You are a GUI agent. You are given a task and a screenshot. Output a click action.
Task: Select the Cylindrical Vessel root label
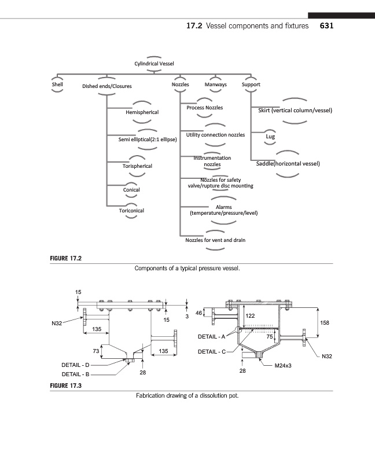(x=154, y=64)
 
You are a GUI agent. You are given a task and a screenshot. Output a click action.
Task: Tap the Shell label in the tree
(x=57, y=84)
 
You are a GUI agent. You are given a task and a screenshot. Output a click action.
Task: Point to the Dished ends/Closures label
(x=107, y=86)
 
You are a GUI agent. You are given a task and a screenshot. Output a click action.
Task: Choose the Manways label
(x=216, y=84)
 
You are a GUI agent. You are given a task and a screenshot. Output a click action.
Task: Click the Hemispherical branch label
(x=142, y=112)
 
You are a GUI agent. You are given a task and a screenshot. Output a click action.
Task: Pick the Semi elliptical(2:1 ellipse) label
(x=144, y=139)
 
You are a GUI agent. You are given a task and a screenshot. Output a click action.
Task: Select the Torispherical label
(x=138, y=166)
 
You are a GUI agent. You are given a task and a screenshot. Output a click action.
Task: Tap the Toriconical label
(x=131, y=211)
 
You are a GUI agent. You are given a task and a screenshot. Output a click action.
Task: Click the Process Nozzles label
(x=204, y=108)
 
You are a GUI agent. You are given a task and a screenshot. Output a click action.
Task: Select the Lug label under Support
(x=270, y=137)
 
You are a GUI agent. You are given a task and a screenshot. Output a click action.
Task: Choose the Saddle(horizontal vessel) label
(x=288, y=163)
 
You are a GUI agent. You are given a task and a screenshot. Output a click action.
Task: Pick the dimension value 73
(x=96, y=351)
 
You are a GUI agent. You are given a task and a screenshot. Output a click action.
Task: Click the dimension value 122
(x=251, y=316)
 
